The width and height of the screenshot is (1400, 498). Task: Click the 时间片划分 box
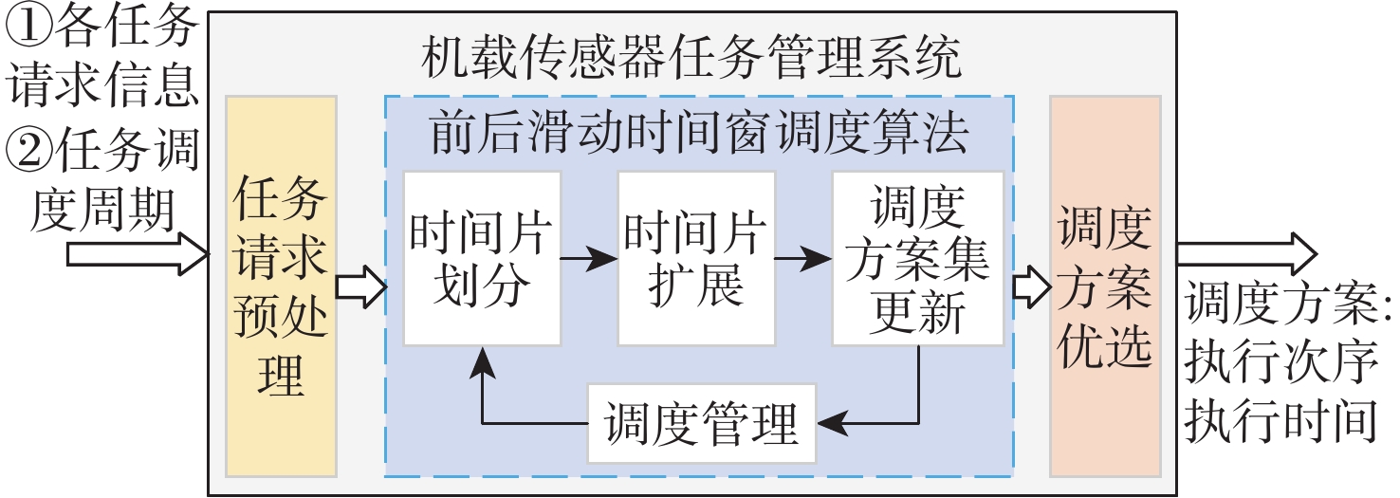(482, 258)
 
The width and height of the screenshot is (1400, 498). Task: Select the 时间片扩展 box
(695, 258)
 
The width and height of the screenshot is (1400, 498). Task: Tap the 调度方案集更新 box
(917, 258)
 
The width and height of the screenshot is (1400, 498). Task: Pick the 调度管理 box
(701, 423)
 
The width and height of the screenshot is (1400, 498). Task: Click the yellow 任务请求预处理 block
(281, 285)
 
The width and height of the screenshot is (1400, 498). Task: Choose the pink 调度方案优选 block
(1104, 285)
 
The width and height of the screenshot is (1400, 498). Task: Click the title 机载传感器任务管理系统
(691, 59)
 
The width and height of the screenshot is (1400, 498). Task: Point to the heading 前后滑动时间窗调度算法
(699, 135)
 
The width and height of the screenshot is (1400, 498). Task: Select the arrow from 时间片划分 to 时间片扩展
(589, 258)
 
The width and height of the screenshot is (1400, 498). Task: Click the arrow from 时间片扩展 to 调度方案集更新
(802, 258)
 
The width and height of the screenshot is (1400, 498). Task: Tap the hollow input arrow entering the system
(138, 254)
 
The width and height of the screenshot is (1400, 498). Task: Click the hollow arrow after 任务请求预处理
(361, 286)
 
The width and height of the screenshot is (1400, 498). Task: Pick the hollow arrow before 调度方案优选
(1026, 286)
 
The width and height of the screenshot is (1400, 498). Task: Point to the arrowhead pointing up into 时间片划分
(483, 360)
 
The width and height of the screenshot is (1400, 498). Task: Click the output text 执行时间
(1280, 421)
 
